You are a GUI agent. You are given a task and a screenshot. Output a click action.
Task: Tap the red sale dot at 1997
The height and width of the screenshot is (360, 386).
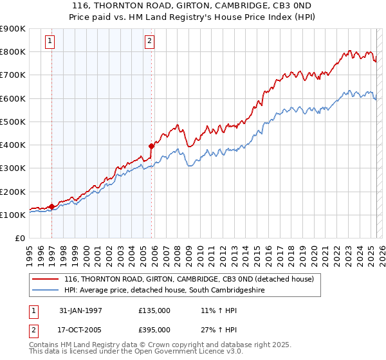[x=51, y=206]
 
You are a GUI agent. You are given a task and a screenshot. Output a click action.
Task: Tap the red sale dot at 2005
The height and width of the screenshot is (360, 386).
[x=151, y=146]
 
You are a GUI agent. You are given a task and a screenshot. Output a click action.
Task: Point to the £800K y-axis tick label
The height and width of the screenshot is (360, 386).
[x=12, y=51]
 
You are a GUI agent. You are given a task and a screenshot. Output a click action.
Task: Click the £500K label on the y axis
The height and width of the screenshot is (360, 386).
[x=12, y=122]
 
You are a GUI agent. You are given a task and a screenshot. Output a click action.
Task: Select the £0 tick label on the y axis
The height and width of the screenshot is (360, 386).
[x=19, y=238]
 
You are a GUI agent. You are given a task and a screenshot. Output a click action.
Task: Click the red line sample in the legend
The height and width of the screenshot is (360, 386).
[x=45, y=279]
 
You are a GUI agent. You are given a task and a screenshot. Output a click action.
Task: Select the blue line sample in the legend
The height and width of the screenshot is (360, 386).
[x=45, y=291]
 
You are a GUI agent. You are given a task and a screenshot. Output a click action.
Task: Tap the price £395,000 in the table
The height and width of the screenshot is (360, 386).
[x=154, y=329]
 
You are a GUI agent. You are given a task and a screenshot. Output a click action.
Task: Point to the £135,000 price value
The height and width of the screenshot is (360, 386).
[x=154, y=310]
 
